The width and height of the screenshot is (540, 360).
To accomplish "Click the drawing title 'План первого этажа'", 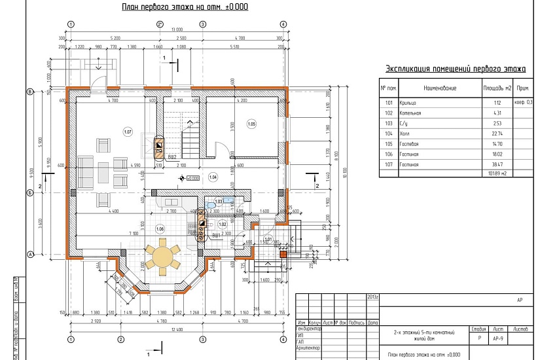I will pos(185,7).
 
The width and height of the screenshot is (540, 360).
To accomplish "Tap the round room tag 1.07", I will pos(127,132).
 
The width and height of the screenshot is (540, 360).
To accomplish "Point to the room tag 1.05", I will pos(251,124).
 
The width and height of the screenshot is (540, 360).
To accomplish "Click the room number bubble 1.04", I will pos(212,177).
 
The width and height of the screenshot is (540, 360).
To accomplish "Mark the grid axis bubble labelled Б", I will pos(29,192).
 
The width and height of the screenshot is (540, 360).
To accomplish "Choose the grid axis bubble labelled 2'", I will pos(159,24).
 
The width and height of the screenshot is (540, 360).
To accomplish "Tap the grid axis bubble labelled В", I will pos(29,92).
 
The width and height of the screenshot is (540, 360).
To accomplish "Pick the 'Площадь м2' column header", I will pos(497,88).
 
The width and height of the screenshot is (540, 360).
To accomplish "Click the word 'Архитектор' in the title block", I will pos(308,348).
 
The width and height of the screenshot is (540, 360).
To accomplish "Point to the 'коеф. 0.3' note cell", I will pos(523,103).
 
